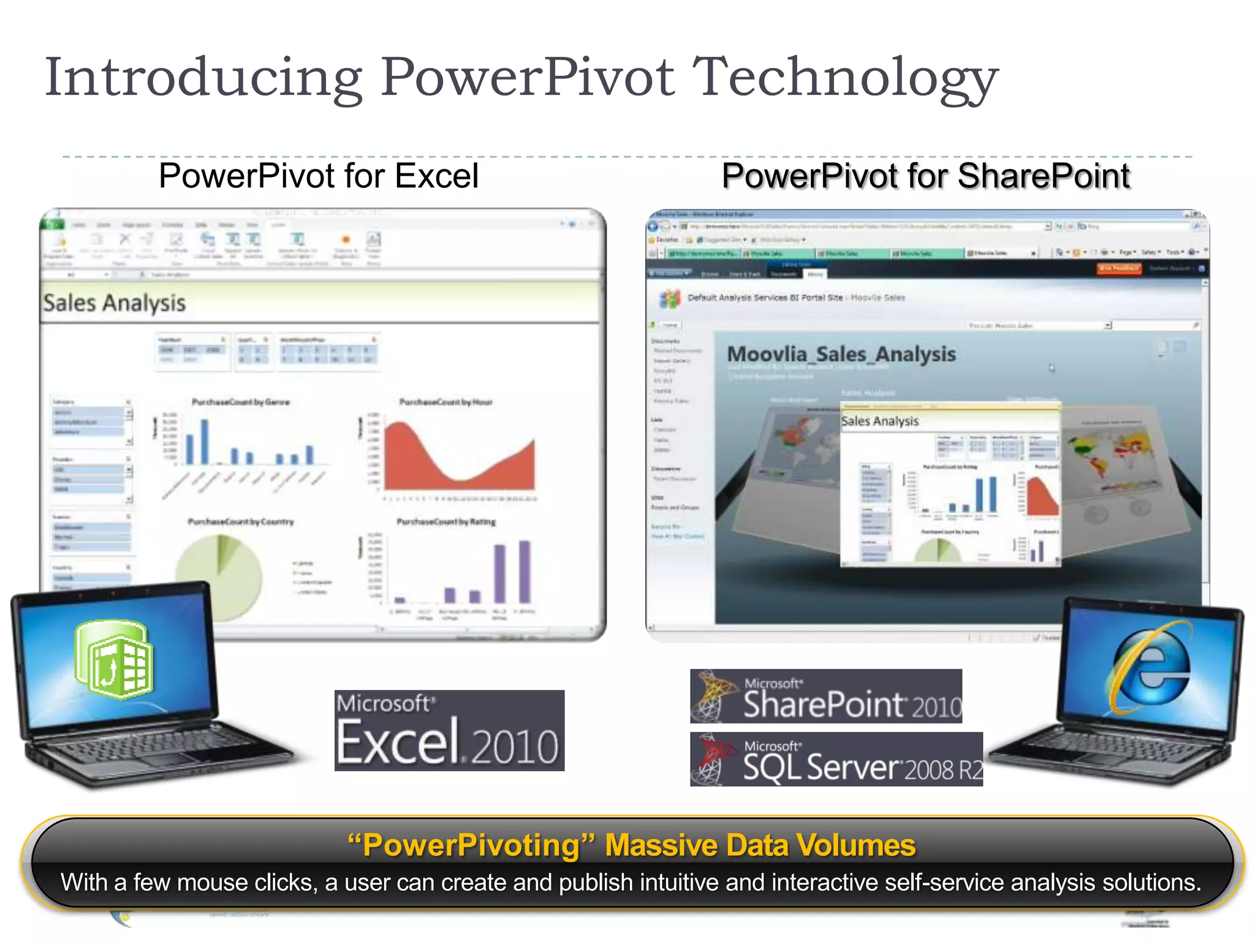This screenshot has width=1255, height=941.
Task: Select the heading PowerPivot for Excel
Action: coord(318,176)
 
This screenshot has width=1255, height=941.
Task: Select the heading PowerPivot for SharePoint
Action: coord(925,176)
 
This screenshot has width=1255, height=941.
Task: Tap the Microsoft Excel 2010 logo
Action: coord(449,730)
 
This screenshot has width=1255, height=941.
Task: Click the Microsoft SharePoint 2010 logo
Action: coord(825,696)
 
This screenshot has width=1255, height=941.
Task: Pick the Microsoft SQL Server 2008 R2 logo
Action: coord(836,759)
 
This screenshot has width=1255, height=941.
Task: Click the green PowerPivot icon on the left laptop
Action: coord(115,660)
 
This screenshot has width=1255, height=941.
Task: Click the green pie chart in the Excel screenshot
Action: coord(219,576)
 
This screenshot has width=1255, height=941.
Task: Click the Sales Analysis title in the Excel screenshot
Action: coord(115,303)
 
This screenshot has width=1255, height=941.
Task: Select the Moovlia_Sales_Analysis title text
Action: coord(841,354)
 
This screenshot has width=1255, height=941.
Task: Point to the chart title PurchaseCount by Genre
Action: coord(240,402)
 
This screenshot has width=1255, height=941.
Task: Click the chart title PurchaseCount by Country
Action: coord(240,522)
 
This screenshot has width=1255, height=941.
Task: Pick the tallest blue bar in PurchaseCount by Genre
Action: coord(205,441)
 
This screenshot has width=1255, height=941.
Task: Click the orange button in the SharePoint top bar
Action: coord(1118,268)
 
